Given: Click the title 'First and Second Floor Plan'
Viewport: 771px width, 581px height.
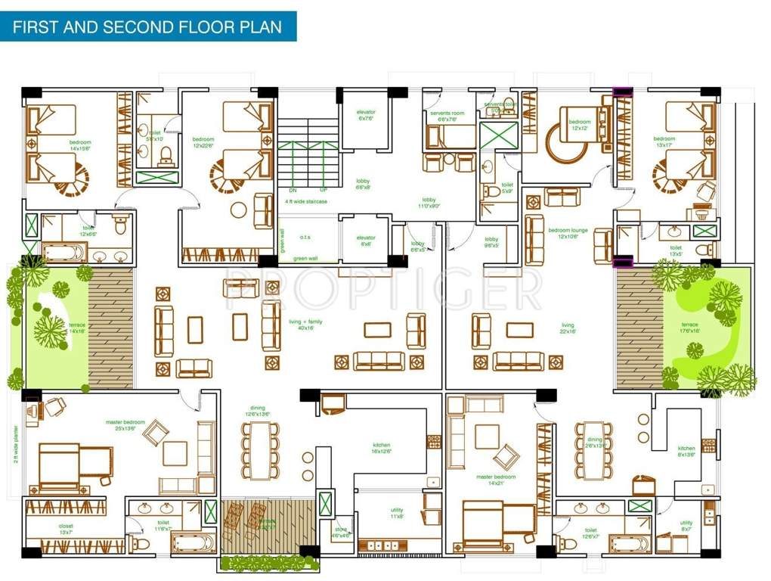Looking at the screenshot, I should (x=147, y=28).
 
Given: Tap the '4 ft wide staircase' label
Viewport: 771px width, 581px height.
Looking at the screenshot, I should (x=306, y=202).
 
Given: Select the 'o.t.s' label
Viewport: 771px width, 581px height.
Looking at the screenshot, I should (x=305, y=237).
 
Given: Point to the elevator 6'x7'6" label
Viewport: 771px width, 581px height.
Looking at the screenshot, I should (x=367, y=116).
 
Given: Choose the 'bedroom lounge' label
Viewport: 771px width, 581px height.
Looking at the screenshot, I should (x=568, y=232).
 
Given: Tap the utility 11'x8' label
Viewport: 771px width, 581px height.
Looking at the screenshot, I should (x=397, y=513).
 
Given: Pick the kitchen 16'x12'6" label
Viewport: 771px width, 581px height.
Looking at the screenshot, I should (x=381, y=449).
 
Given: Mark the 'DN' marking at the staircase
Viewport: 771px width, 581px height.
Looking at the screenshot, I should (x=293, y=190).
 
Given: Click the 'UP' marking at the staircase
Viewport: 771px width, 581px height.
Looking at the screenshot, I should (x=324, y=190).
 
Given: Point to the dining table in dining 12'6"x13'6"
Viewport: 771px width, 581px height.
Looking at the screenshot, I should (x=261, y=450).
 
